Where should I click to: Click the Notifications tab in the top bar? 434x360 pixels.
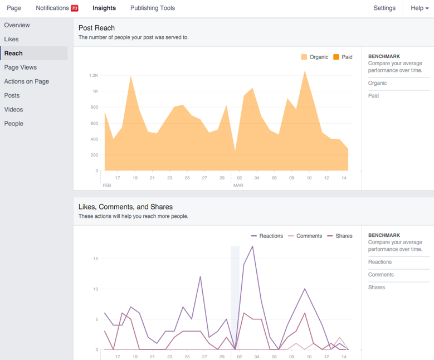point(52,8)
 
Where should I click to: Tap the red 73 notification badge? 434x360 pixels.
point(75,8)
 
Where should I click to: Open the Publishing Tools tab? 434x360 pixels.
point(152,8)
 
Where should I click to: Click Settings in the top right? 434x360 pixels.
point(384,8)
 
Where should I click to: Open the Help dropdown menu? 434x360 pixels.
point(419,8)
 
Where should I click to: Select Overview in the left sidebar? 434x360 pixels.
point(17,25)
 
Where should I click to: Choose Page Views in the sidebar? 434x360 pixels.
point(21,67)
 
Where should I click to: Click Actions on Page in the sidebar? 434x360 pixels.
point(27,81)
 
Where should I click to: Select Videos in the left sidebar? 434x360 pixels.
point(14,109)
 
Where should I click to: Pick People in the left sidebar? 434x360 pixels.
point(14,124)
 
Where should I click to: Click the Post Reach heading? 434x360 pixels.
point(96,28)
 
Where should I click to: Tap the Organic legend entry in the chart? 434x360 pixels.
point(315,57)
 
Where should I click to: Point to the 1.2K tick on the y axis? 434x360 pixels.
point(93,75)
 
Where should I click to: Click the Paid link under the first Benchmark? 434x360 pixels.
point(374,96)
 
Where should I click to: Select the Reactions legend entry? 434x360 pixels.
point(267,236)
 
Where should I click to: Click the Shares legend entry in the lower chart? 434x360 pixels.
point(339,236)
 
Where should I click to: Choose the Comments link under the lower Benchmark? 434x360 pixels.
point(381,275)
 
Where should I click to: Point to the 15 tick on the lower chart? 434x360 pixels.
point(96,259)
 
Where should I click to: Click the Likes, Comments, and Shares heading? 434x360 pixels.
point(125,207)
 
